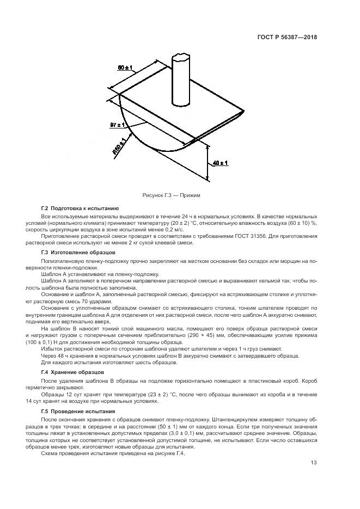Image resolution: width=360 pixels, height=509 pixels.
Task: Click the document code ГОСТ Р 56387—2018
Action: click(287, 38)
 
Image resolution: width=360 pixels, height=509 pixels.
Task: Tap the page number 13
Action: click(314, 463)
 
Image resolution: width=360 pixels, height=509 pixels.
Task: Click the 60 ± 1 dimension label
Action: click(125, 68)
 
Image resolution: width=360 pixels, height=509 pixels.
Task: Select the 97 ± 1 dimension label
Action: click(117, 125)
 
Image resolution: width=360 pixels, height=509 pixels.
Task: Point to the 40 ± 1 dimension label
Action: click(221, 163)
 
